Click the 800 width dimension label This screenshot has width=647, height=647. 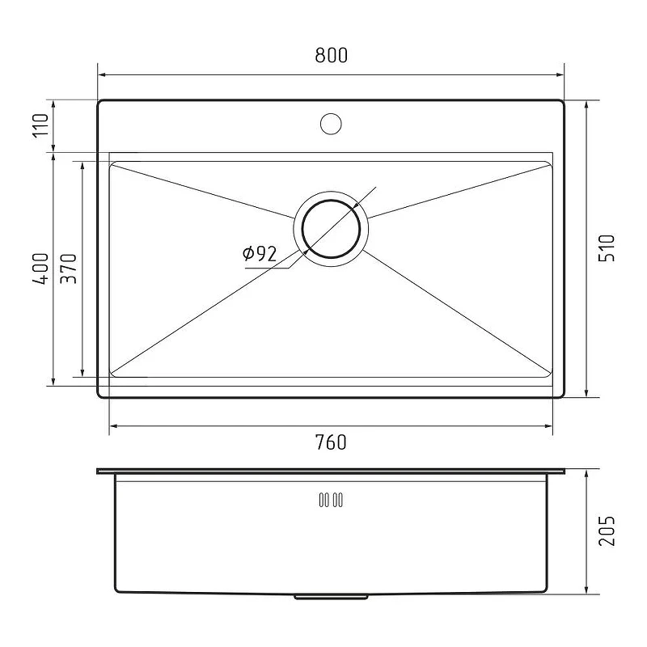331,55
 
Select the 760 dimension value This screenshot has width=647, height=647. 331,442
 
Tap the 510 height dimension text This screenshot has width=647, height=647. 607,248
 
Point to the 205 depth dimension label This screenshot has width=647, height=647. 607,531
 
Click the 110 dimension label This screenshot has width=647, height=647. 40,126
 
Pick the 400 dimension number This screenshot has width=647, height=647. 40,269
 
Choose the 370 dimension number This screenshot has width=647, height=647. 69,269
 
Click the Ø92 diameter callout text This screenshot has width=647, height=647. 260,254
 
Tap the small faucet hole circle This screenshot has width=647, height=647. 331,124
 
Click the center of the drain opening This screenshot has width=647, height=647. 331,229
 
